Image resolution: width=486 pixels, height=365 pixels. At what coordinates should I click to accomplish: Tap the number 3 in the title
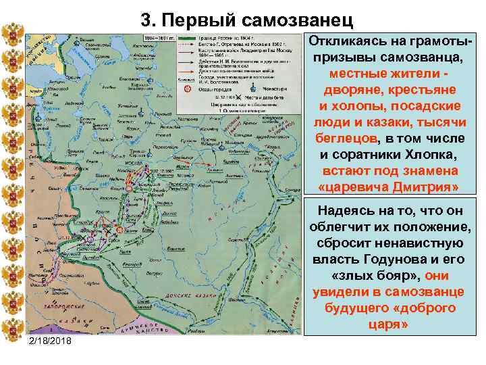pos(148,20)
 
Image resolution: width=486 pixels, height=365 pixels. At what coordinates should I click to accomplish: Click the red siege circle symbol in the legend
pos(188,88)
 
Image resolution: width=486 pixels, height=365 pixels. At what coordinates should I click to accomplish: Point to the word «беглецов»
pos(346,138)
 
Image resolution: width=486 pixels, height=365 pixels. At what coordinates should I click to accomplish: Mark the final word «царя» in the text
pos(387,324)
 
